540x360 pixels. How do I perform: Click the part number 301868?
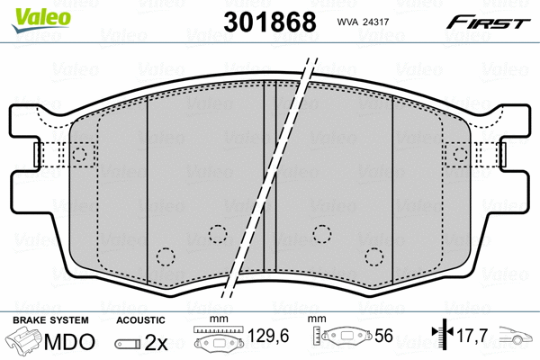point(270,22)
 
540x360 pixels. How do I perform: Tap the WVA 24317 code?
point(363,22)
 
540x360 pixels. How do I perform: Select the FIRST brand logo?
point(488,22)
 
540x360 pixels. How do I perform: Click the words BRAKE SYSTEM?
point(50,320)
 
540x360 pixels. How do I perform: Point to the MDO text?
point(69,342)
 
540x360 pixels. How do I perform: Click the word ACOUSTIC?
point(140,320)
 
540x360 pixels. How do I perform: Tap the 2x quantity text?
point(156,342)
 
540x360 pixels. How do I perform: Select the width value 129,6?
point(268,335)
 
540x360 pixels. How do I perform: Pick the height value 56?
point(383,336)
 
